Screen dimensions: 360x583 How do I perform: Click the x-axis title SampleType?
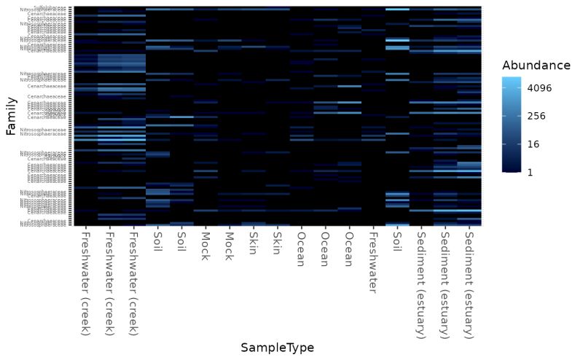(x=277, y=348)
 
